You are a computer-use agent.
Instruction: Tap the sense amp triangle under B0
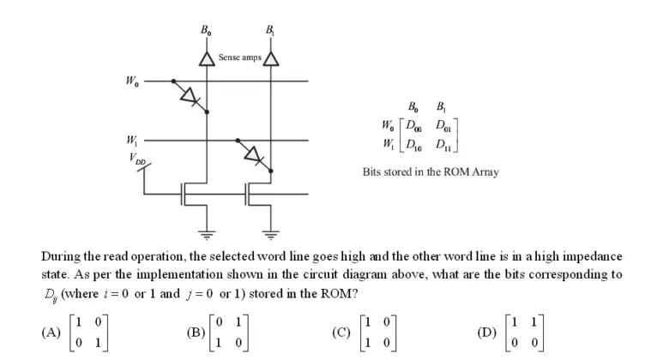pyautogui.click(x=206, y=57)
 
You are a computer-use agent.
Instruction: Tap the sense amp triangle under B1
pyautogui.click(x=272, y=57)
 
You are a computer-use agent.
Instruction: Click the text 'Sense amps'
pyautogui.click(x=238, y=57)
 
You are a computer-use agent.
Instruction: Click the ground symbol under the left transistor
pyautogui.click(x=206, y=232)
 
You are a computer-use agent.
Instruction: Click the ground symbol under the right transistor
pyautogui.click(x=272, y=232)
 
